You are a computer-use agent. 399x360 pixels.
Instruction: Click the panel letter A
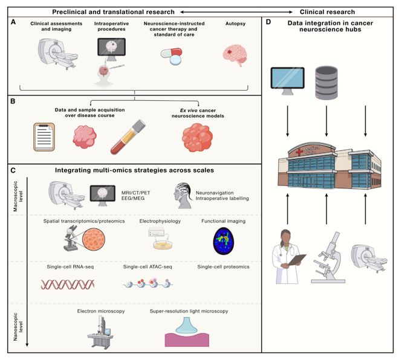tap(13, 21)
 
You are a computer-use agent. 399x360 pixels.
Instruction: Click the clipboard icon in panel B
tap(44, 137)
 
